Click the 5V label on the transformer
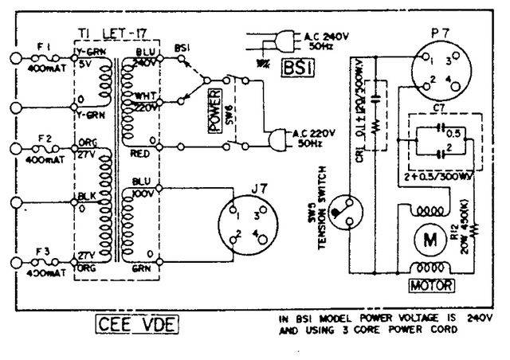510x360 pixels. (x=86, y=66)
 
